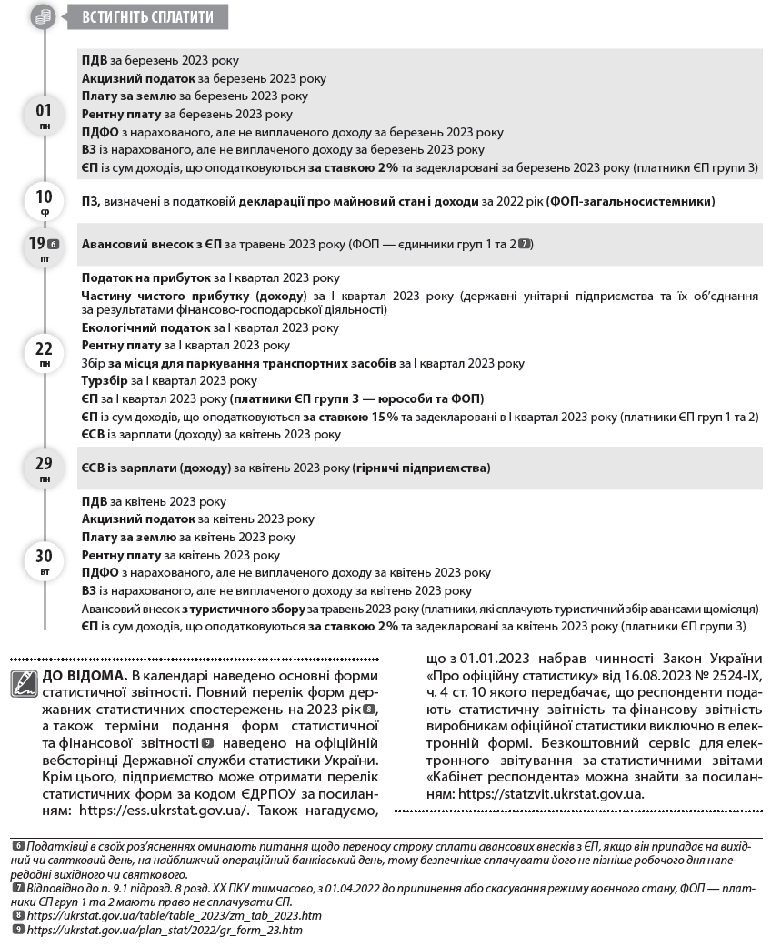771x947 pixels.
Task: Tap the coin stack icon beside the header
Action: click(x=44, y=16)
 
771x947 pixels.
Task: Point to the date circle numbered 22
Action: click(x=44, y=353)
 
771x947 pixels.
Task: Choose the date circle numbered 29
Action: click(x=44, y=467)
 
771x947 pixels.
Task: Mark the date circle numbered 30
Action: click(x=44, y=560)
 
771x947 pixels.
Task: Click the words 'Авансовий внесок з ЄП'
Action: click(x=151, y=245)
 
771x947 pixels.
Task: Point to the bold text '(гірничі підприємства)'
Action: click(x=422, y=468)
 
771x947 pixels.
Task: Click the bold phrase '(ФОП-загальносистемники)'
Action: click(x=631, y=201)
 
